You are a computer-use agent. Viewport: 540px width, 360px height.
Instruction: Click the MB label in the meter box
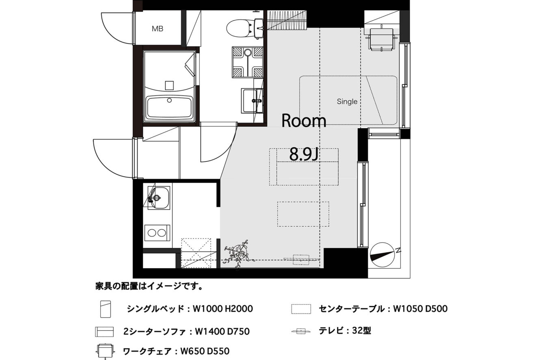click(x=158, y=29)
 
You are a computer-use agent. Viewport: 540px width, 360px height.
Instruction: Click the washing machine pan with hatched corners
click(x=248, y=62)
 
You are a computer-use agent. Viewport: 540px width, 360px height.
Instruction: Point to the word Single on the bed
click(x=347, y=102)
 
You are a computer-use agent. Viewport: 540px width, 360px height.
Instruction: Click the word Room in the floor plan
click(x=304, y=121)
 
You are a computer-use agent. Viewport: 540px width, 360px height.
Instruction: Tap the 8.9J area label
click(x=304, y=154)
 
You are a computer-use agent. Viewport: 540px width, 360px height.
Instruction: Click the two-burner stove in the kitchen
click(x=157, y=233)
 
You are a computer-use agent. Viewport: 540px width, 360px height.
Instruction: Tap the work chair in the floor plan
click(x=381, y=39)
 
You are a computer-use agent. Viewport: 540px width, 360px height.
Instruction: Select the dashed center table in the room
click(x=303, y=214)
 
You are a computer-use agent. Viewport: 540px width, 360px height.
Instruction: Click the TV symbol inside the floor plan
click(x=301, y=260)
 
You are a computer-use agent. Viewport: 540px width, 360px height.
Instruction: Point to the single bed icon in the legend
click(x=105, y=309)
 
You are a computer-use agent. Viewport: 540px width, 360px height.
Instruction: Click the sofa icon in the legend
click(x=104, y=332)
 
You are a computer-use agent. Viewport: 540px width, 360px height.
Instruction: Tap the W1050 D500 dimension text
click(x=420, y=309)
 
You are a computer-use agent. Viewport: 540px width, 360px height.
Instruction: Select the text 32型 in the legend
click(x=361, y=331)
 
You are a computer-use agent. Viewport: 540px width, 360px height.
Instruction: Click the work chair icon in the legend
click(x=105, y=351)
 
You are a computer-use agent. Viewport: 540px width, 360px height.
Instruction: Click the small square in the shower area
click(x=169, y=85)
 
